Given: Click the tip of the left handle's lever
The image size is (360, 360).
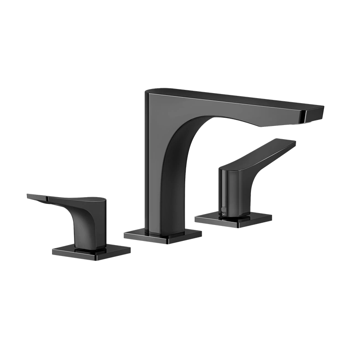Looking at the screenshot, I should (x=30, y=197).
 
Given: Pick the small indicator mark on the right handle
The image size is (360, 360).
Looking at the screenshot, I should (x=224, y=210).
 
